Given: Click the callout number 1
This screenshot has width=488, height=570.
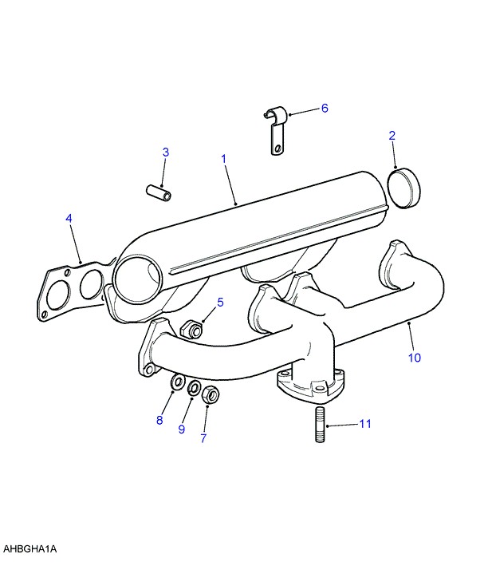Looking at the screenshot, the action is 223,159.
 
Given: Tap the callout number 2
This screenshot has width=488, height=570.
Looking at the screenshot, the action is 392,136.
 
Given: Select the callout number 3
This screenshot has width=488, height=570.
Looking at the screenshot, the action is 166,152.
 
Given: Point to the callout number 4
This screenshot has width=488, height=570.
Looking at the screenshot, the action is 69,218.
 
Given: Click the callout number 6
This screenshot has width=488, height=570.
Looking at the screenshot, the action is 325,108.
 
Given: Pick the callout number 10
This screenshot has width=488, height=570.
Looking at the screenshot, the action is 415,358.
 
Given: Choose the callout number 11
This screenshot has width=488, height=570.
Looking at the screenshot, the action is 365,423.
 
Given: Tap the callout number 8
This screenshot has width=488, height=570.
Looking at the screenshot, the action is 159,420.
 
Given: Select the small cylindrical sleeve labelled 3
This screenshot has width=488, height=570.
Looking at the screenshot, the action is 159,192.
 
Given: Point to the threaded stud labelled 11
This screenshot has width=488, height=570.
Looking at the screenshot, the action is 320,425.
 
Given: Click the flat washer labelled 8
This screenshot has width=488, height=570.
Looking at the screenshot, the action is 177,382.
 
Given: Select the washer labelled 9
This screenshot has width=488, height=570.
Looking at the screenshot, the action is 194,388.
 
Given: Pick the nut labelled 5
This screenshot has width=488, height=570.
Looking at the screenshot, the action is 191,329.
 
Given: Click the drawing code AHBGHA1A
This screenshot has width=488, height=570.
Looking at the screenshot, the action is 30,548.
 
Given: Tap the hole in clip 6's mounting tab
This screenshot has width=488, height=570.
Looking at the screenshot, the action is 277,148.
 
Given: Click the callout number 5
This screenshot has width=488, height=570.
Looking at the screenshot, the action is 220,302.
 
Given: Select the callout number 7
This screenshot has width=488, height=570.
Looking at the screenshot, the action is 203,438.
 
